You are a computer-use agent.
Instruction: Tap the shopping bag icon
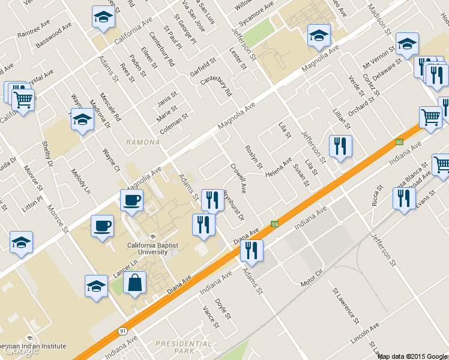click(134, 283)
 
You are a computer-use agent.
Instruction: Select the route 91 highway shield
click(123, 331)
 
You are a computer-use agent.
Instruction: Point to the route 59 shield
click(275, 224)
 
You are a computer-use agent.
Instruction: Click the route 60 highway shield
click(399, 142)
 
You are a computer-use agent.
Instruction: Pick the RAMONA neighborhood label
click(143, 142)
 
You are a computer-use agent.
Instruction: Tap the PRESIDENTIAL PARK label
click(183, 347)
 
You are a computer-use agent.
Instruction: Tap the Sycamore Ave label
click(256, 13)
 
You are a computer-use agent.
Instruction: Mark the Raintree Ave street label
click(34, 31)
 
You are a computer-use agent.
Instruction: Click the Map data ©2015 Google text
click(413, 356)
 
